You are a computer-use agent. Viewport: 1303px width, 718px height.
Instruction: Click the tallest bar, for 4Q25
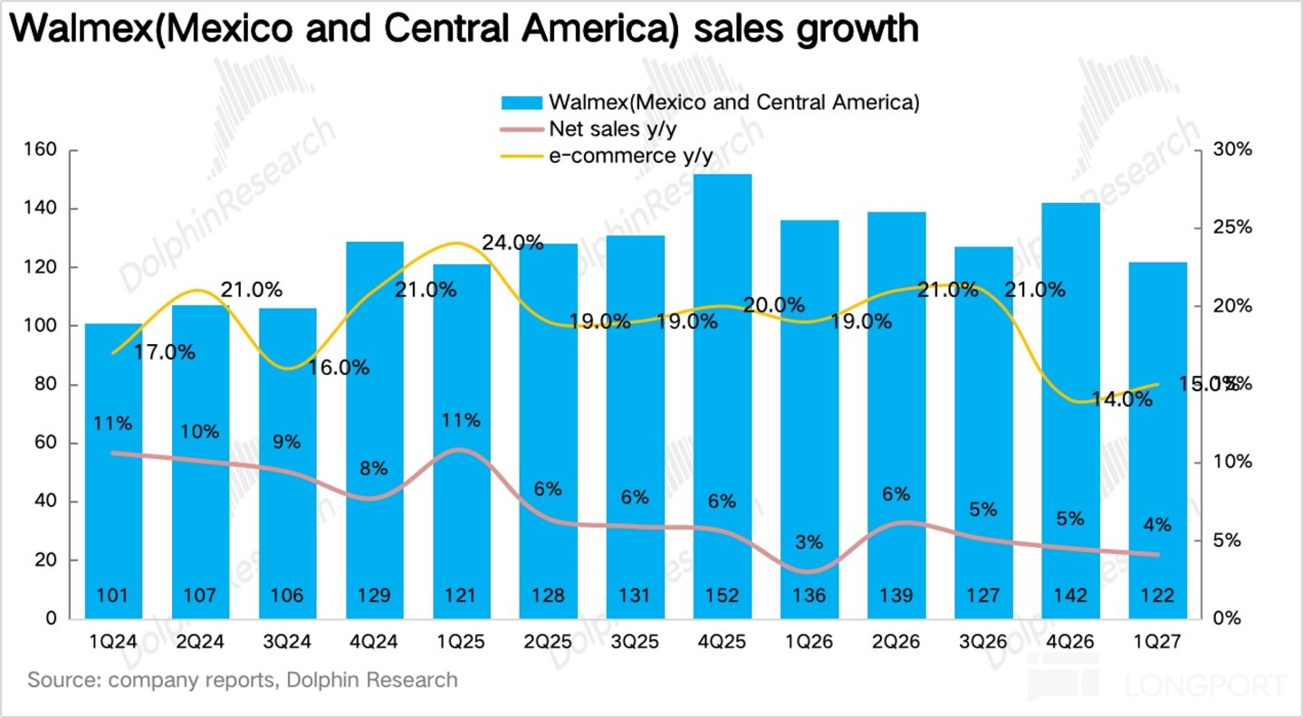click(x=722, y=397)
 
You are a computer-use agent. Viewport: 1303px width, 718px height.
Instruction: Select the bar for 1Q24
click(x=113, y=471)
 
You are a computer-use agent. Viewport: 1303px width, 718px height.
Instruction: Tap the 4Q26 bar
click(x=1070, y=411)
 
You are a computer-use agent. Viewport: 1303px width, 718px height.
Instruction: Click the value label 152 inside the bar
click(x=722, y=595)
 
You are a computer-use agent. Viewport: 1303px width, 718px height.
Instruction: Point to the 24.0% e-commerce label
click(x=513, y=243)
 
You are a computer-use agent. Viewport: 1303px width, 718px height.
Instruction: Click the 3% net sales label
click(x=809, y=542)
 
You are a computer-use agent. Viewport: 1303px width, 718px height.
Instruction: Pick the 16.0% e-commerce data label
click(x=339, y=367)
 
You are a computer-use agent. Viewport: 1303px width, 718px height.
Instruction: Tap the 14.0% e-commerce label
click(x=1122, y=399)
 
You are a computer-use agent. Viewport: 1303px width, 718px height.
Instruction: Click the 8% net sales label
click(x=373, y=468)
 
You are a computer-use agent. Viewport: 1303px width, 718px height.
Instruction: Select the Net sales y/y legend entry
click(x=589, y=129)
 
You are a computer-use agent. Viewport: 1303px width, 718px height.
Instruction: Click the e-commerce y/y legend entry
click(x=607, y=156)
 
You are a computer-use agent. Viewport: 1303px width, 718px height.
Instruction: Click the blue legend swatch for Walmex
click(x=522, y=103)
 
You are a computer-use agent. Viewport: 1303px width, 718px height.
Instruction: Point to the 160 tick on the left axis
click(x=40, y=149)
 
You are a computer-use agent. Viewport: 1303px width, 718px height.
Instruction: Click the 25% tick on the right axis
click(x=1232, y=227)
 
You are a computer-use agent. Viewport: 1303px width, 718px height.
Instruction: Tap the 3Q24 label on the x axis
click(x=287, y=642)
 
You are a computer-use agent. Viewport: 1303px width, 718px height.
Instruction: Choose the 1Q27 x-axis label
click(x=1157, y=642)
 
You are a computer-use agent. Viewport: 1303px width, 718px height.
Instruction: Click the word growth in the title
click(x=857, y=28)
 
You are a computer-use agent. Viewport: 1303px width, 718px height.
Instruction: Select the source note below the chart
click(x=243, y=680)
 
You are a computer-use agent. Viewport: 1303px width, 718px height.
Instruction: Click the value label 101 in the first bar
click(x=112, y=595)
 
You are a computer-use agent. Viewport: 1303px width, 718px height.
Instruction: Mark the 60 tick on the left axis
click(x=45, y=442)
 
